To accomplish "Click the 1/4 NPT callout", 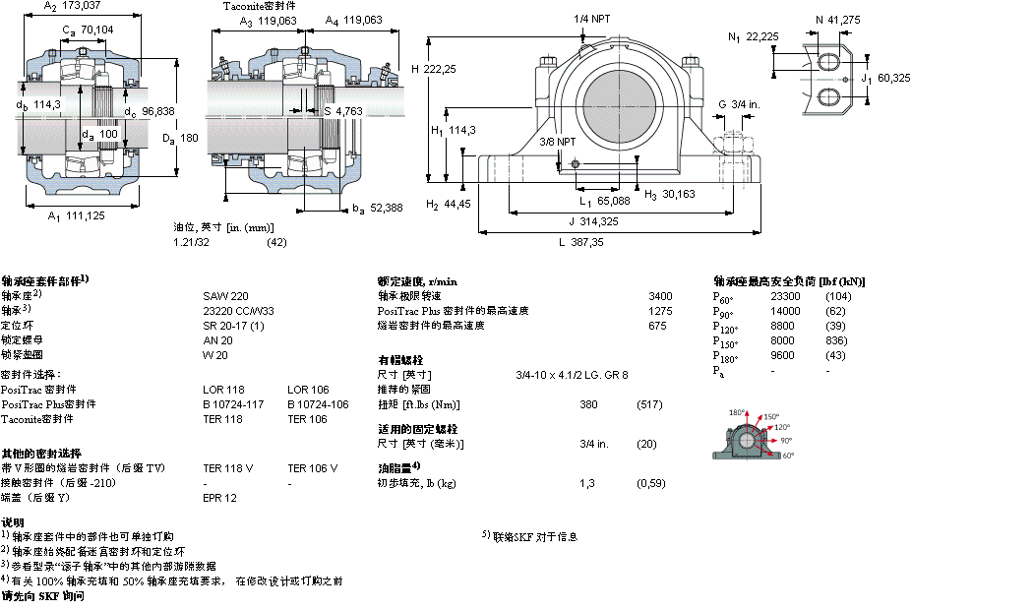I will (x=592, y=19).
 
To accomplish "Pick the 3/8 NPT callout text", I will (x=558, y=143).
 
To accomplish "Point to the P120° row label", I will (x=726, y=327).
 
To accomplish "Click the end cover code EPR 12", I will (x=219, y=498).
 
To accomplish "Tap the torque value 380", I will (x=588, y=404).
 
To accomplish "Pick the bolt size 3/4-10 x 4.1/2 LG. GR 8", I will (x=573, y=375).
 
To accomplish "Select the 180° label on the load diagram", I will (x=737, y=412).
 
